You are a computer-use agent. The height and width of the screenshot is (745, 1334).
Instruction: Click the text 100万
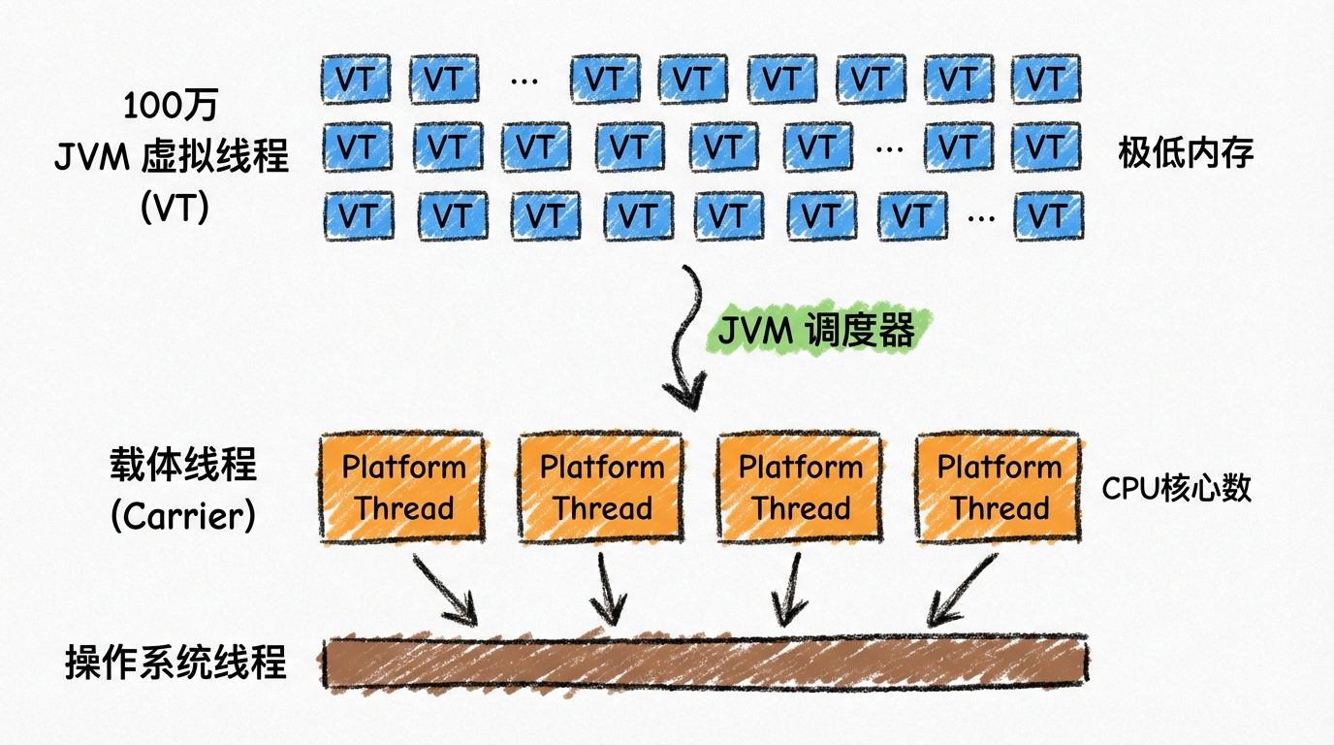tap(171, 106)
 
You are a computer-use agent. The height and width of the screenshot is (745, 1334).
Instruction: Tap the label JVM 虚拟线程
tap(172, 155)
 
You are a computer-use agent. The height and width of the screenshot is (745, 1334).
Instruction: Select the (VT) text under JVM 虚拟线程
tap(175, 207)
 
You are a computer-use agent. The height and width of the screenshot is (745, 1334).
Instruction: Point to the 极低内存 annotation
tap(1186, 152)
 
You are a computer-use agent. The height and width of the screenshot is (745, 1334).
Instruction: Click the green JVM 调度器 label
tap(816, 330)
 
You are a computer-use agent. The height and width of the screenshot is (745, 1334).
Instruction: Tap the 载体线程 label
tap(183, 465)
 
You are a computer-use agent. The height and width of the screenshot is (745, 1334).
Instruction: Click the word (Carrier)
tap(183, 515)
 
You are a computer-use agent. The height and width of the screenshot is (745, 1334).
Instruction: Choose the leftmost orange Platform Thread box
tap(402, 487)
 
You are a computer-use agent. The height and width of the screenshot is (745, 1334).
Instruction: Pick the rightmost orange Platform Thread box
tap(999, 487)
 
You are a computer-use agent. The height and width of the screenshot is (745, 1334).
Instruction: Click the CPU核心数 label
tap(1177, 488)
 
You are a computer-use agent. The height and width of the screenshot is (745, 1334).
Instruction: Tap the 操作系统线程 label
tap(175, 663)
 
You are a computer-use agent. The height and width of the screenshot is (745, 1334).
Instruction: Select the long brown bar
tap(706, 664)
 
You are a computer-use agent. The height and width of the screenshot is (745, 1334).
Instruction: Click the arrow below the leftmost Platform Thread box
tap(445, 590)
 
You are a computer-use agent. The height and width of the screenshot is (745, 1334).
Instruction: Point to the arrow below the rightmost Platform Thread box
tap(961, 590)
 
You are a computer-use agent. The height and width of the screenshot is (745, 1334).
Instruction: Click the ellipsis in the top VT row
tap(524, 81)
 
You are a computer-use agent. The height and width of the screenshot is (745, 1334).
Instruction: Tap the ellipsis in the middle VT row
tap(890, 149)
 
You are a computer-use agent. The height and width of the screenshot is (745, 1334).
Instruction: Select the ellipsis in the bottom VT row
tap(981, 218)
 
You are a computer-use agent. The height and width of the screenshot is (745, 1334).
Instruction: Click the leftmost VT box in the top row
tap(356, 79)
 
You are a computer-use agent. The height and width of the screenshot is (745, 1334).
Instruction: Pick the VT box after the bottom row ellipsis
tap(1048, 215)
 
